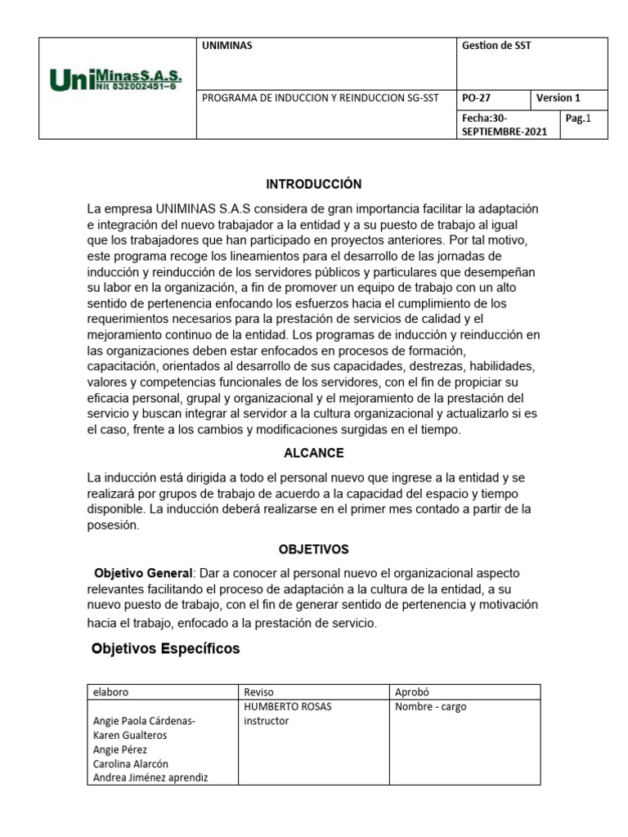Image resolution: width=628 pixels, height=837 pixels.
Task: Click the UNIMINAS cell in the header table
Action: (227, 46)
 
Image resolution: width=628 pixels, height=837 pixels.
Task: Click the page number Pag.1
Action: (577, 119)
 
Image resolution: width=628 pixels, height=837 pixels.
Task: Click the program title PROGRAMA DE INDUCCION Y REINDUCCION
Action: (320, 98)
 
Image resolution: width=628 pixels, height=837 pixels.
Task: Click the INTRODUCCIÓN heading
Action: (314, 184)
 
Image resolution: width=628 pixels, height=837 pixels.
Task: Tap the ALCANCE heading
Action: (314, 453)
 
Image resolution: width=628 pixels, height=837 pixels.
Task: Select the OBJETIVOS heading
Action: (314, 549)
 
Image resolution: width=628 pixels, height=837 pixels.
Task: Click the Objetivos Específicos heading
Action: (166, 648)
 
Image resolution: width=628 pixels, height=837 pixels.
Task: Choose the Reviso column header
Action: (259, 692)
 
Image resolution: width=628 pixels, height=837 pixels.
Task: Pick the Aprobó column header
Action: (412, 692)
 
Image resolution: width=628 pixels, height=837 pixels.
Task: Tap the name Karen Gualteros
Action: (131, 735)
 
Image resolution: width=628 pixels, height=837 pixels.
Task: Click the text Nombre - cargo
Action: (430, 706)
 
